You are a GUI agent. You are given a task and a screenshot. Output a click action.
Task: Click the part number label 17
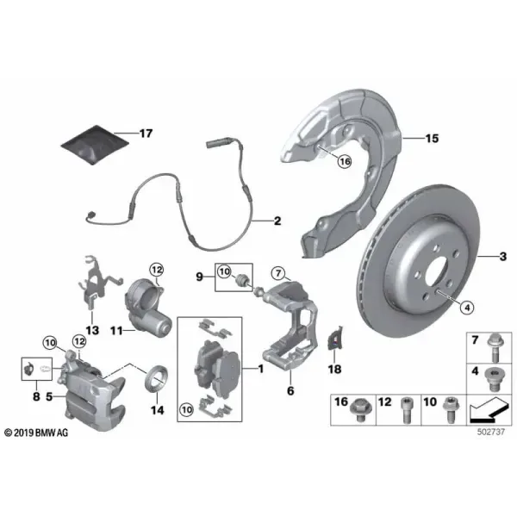pos(146,134)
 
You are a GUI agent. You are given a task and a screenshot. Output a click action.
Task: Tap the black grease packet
pos(95,145)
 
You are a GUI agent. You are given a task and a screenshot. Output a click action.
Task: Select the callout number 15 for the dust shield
pos(432,139)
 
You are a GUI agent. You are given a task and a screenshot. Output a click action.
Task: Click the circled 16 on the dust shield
pos(345,162)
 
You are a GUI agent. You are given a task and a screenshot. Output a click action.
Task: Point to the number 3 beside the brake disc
pos(503,256)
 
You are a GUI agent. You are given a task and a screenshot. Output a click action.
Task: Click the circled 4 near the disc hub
pos(466,308)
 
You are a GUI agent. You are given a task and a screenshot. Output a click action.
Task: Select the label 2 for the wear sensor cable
pos(277,221)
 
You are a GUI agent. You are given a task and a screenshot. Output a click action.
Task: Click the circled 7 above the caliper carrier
pos(278,273)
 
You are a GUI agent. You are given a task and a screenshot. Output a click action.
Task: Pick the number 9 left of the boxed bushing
pos(200,277)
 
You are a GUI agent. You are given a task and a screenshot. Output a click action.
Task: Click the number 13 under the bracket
pos(92,330)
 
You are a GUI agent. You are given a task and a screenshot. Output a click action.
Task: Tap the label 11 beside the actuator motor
pos(116,330)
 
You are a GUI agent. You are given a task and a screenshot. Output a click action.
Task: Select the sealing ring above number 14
pos(156,378)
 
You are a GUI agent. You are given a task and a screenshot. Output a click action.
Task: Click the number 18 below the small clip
pos(334,369)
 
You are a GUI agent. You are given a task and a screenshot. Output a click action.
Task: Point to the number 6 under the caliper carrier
pos(290,390)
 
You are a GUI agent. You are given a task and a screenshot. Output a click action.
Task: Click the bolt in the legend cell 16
pos(361,410)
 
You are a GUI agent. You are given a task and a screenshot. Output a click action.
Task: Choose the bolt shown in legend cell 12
pos(406,410)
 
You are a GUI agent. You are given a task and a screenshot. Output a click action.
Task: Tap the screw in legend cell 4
pos(493,379)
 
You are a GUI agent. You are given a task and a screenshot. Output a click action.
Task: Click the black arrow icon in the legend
pos(488,410)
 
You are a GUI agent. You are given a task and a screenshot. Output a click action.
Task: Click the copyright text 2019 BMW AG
pos(36,433)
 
